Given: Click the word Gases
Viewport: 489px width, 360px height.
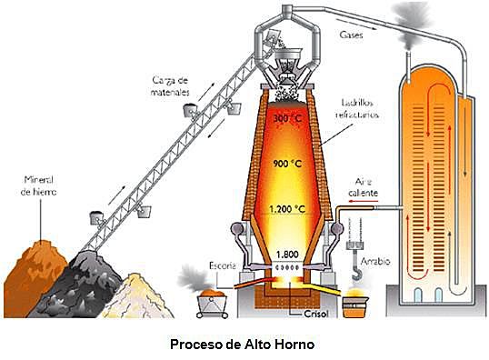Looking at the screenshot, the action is point(351,37).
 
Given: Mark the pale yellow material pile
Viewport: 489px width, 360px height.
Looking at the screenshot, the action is point(136,295).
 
